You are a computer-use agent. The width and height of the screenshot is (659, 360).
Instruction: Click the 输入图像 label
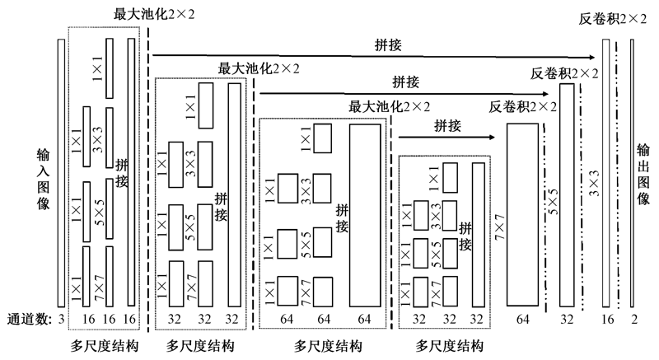coord(44,176)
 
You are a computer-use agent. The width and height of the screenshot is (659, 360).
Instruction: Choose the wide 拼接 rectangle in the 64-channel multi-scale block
coord(366,214)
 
